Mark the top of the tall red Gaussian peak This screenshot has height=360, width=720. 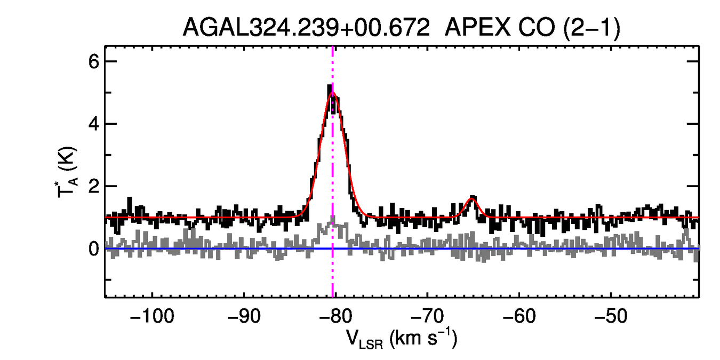click(x=332, y=92)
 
